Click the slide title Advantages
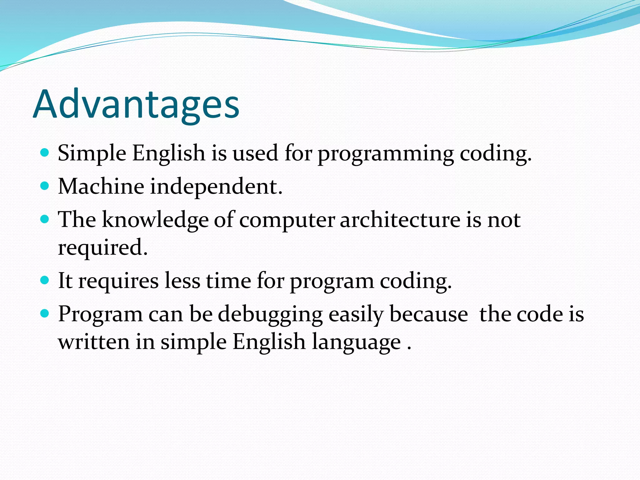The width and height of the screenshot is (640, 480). click(136, 105)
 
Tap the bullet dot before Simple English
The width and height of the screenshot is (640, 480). click(45, 153)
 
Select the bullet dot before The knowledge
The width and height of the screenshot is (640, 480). click(45, 219)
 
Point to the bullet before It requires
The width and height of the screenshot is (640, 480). click(45, 280)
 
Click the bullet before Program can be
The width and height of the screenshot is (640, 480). click(45, 313)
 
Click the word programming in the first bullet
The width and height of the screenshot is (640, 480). click(386, 154)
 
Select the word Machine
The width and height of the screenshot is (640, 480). click(101, 186)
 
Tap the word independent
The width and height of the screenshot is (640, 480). click(216, 187)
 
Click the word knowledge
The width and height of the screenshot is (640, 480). click(155, 220)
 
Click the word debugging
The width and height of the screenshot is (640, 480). click(270, 315)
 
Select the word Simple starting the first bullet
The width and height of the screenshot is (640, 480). click(92, 154)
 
